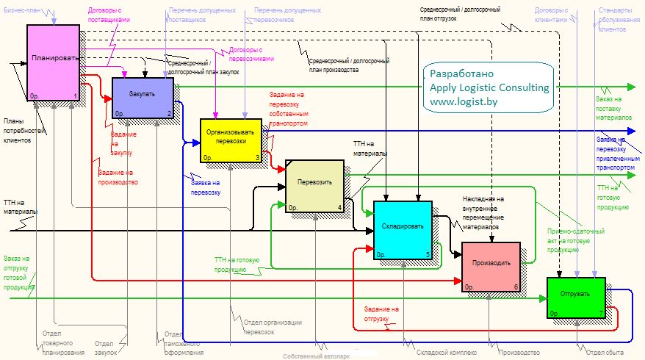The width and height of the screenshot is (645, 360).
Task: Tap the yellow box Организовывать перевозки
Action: pyautogui.click(x=231, y=139)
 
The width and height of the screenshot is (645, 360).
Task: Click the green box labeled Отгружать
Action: pyautogui.click(x=576, y=298)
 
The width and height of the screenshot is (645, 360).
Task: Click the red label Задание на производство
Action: pyautogui.click(x=118, y=177)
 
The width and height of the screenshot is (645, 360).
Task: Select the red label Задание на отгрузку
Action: pyautogui.click(x=381, y=314)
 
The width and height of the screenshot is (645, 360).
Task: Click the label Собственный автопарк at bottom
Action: pyautogui.click(x=317, y=356)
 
